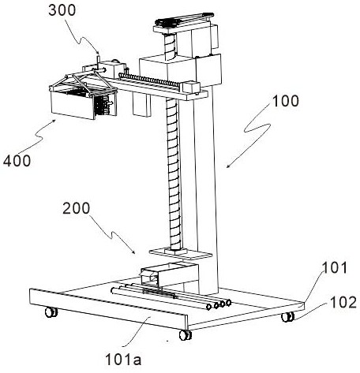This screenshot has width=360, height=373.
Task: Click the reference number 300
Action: (x=62, y=10)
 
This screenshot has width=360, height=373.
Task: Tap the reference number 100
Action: (x=286, y=101)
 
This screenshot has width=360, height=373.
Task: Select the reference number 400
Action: (x=17, y=160)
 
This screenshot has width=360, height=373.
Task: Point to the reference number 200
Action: (x=77, y=208)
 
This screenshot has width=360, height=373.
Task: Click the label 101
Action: (x=335, y=268)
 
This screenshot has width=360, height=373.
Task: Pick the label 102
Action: (x=343, y=302)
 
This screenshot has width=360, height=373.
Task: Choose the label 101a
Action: (x=123, y=360)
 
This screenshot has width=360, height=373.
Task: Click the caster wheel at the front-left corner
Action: (x=51, y=312)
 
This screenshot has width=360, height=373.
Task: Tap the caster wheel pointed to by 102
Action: (x=287, y=317)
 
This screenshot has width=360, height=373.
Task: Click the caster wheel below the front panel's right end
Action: (x=186, y=335)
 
